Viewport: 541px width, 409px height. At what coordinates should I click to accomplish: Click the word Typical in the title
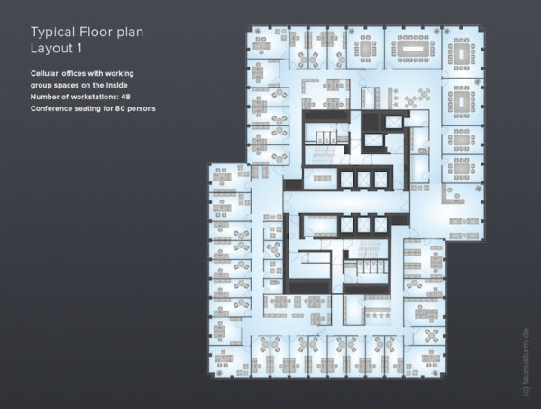[53, 33]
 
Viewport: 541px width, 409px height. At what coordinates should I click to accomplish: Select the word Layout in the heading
[51, 48]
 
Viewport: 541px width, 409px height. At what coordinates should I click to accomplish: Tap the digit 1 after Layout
[79, 48]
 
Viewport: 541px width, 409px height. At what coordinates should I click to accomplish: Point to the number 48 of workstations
[125, 97]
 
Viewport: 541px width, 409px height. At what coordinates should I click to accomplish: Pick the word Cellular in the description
[44, 73]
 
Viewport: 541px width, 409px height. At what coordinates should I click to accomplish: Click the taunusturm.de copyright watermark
[527, 362]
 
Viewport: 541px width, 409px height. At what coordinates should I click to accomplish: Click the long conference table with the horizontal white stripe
[413, 49]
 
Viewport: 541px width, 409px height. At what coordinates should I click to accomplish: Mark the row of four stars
[378, 315]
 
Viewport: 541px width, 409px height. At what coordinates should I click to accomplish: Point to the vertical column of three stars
[396, 98]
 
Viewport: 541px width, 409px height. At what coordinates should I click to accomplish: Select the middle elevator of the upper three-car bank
[363, 180]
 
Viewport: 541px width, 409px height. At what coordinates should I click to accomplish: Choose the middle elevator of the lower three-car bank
[363, 225]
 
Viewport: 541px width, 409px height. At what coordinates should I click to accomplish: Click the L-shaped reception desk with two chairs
[452, 196]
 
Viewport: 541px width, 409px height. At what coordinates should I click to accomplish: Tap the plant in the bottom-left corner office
[220, 374]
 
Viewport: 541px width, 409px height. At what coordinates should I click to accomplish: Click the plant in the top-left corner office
[259, 32]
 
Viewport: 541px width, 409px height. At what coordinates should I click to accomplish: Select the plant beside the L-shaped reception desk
[478, 189]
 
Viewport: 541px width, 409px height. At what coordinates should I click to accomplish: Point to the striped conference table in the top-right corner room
[461, 54]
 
